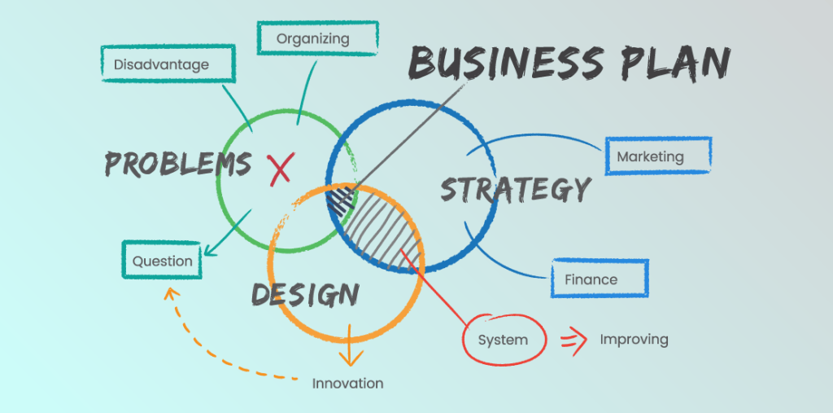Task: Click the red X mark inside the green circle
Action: [281, 169]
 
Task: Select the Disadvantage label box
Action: [168, 64]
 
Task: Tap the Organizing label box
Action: [318, 37]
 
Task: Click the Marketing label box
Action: [658, 156]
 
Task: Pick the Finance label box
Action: [600, 279]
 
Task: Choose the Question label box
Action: [162, 260]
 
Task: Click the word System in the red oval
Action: [503, 340]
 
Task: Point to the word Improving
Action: [634, 340]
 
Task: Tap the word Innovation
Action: [347, 383]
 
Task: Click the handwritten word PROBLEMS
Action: [178, 164]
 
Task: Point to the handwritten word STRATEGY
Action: [515, 190]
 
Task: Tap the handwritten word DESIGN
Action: [305, 294]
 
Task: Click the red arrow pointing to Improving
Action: [574, 341]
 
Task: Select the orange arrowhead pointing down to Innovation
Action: [349, 358]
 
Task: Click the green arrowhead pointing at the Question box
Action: [211, 249]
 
